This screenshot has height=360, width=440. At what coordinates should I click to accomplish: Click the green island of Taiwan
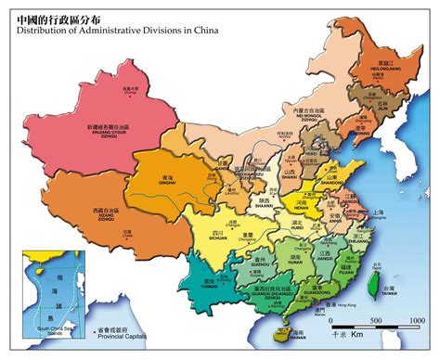[x=377, y=284]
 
